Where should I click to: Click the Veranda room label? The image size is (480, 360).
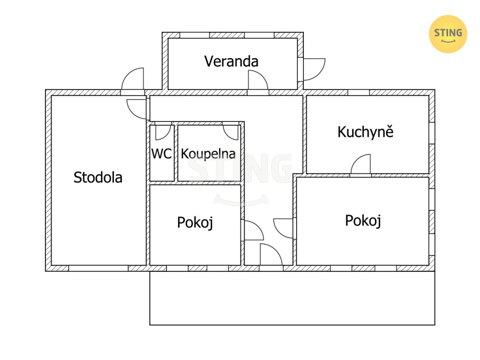(231, 61)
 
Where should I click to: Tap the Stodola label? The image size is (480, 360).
(98, 178)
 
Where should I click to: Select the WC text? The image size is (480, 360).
(162, 154)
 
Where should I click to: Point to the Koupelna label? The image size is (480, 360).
(208, 154)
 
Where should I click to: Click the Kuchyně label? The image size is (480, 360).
(366, 132)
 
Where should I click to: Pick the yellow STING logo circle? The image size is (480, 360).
(448, 34)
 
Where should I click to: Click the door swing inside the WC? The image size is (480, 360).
(163, 133)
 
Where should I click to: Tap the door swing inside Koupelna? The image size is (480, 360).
(231, 133)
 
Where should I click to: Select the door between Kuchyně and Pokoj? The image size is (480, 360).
(360, 165)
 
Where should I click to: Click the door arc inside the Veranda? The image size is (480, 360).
(258, 80)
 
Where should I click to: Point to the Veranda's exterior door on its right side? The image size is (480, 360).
(314, 69)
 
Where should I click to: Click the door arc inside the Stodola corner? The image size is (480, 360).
(136, 109)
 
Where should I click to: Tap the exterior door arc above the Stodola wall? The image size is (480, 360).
(133, 79)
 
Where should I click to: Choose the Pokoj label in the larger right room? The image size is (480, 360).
(363, 221)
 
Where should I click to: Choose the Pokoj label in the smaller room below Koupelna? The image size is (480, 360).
(195, 223)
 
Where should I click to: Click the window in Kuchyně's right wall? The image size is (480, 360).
(432, 133)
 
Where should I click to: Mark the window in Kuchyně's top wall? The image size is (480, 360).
(359, 92)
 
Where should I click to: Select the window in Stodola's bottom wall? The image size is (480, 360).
(98, 268)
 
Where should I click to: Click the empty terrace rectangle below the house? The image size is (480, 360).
(292, 298)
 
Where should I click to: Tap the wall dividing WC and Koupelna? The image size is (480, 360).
(176, 153)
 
